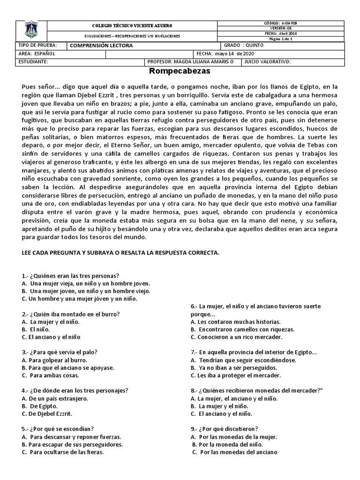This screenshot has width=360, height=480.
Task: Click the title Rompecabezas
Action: (180, 72)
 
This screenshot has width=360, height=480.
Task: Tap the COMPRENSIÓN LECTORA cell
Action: (101, 46)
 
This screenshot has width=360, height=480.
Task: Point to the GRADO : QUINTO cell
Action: (244, 46)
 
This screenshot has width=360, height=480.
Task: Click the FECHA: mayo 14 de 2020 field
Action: (225, 53)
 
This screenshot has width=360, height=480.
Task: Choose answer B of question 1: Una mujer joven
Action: (86, 291)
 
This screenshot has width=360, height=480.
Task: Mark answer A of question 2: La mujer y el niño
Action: (51, 322)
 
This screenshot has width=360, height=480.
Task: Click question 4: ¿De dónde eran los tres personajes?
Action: (75, 390)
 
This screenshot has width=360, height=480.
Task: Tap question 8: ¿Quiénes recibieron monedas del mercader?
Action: (254, 390)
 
